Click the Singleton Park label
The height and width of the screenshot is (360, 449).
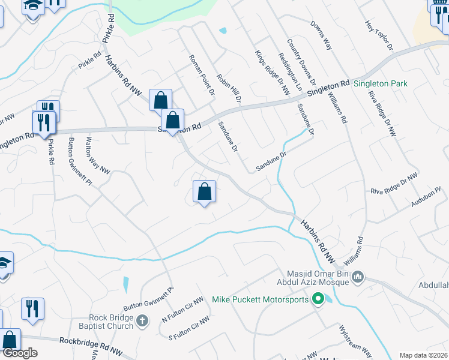point(380,83)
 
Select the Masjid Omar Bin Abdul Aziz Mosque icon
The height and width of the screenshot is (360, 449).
point(358,277)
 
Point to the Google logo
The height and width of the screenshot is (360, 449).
point(19,353)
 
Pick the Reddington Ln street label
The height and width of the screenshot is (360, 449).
point(291,71)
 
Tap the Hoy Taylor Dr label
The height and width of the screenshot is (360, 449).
point(378,35)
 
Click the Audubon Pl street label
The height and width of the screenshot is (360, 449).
point(426,197)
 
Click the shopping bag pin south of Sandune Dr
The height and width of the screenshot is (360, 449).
point(204,192)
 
